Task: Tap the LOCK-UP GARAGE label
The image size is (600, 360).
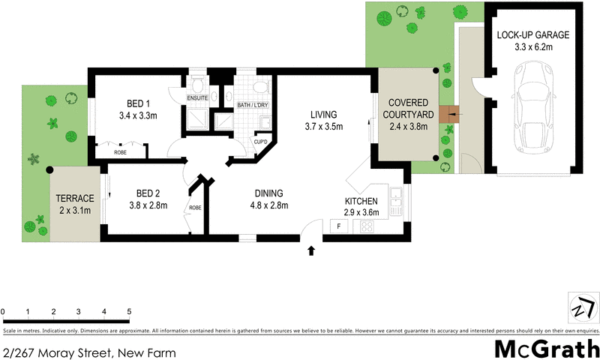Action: click(x=533, y=34)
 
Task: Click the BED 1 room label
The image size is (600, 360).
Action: click(x=136, y=103)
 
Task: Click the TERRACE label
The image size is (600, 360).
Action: click(x=75, y=198)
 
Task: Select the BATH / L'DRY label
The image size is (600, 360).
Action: click(x=253, y=105)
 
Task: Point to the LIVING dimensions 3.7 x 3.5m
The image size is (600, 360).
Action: click(x=325, y=127)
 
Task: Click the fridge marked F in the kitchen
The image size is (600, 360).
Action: click(x=338, y=226)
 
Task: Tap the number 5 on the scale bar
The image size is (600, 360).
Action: click(x=129, y=311)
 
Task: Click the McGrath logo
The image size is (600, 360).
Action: click(x=545, y=349)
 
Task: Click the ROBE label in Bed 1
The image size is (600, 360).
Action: click(x=120, y=152)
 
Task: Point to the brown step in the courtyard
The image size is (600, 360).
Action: click(x=449, y=114)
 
